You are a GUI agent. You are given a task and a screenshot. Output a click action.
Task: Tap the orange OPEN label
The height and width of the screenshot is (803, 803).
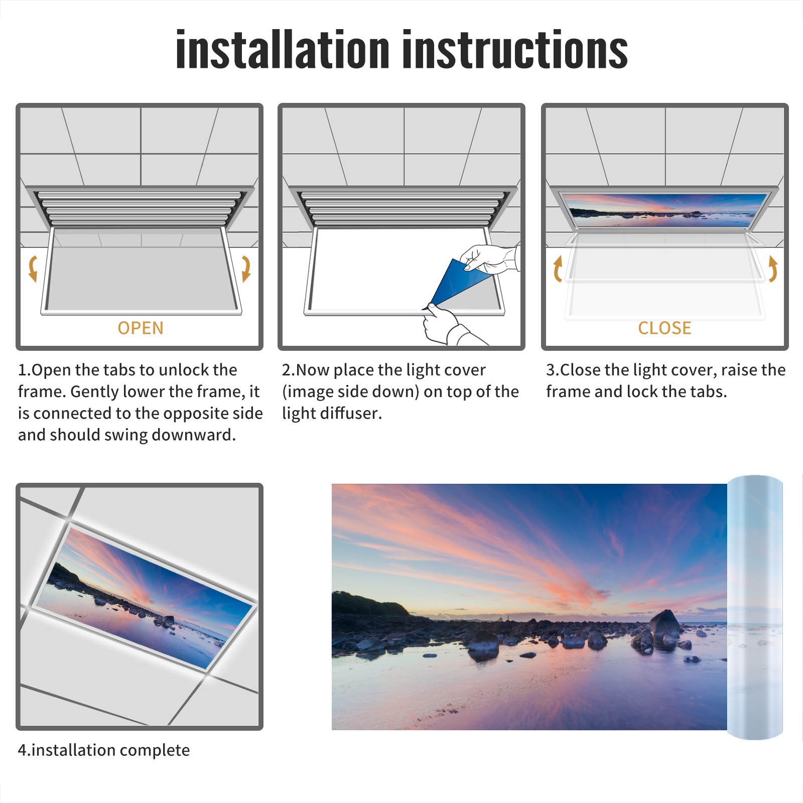(141, 328)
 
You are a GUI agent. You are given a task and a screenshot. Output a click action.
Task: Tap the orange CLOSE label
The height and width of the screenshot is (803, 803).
(664, 328)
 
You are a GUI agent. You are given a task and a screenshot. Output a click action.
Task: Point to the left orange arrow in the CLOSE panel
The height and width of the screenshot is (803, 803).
(558, 269)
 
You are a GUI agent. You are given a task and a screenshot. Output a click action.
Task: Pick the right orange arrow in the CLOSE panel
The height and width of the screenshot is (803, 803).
(773, 269)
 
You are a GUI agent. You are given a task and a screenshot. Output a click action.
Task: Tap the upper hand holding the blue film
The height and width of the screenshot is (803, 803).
(489, 258)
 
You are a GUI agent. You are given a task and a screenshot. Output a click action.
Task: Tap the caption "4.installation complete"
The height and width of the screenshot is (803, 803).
(104, 750)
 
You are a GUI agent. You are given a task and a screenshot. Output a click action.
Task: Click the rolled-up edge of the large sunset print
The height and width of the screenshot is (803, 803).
(755, 607)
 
